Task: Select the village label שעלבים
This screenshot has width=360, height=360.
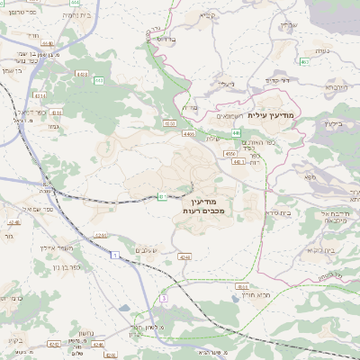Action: point(148,249)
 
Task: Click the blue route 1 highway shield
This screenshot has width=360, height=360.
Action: point(115,256)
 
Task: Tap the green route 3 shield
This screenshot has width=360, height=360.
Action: point(164,298)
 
